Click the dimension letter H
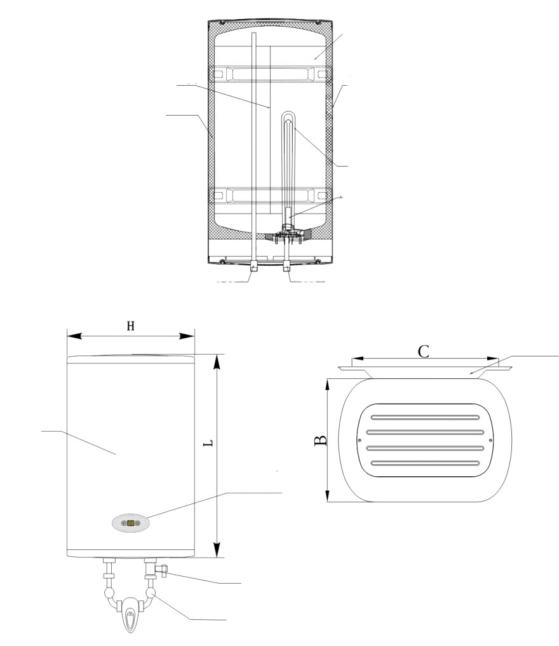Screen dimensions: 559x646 pos(130,326)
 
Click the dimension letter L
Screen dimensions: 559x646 pos(209,443)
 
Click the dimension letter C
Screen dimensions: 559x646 pos(424,352)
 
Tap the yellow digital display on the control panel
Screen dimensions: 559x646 pos(130,523)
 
